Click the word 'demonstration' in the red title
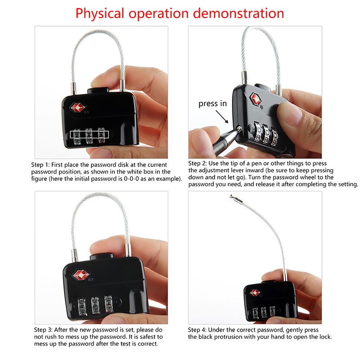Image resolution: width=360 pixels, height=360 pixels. click(x=238, y=13)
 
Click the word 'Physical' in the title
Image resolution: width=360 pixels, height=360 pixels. click(x=99, y=14)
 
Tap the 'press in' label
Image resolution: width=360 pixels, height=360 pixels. click(x=212, y=103)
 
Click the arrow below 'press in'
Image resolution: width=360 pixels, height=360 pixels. click(x=222, y=117)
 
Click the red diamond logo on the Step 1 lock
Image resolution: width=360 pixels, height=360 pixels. click(x=77, y=108)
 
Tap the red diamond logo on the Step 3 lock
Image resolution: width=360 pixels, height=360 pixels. click(x=81, y=275)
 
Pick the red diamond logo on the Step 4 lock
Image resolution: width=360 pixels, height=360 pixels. click(x=255, y=293)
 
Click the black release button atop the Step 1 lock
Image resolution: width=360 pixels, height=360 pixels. click(x=98, y=90)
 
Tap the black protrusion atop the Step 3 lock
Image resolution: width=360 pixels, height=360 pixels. click(x=102, y=256)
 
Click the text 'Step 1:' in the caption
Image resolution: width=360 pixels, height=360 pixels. click(x=40, y=165)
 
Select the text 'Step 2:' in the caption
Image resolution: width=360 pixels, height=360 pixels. click(x=198, y=163)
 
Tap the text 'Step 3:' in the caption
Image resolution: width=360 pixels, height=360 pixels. click(x=43, y=330)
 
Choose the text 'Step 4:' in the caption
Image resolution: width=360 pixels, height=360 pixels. click(x=197, y=330)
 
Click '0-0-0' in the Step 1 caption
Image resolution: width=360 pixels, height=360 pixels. click(x=131, y=179)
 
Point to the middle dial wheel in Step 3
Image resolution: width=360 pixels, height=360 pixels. click(x=95, y=305)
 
